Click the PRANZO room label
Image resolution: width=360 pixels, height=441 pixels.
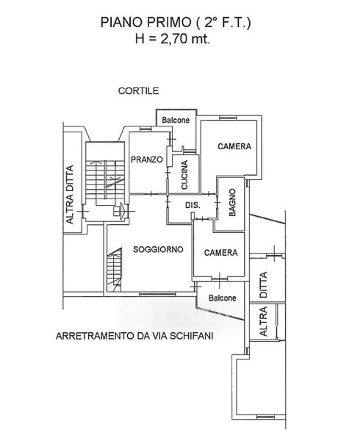click(147, 159)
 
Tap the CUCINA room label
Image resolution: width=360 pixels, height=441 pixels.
click(184, 175)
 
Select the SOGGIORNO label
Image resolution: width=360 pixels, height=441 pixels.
click(158, 249)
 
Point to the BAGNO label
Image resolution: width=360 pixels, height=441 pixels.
click(232, 202)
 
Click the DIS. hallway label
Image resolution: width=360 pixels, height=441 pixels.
click(192, 205)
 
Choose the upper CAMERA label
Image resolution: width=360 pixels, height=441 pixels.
click(234, 146)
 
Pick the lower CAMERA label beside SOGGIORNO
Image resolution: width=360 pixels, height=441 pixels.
click(221, 253)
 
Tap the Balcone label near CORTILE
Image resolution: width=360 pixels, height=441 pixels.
click(176, 120)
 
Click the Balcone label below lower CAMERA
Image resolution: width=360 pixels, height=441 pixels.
click(223, 298)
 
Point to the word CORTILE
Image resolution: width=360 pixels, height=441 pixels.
click(139, 91)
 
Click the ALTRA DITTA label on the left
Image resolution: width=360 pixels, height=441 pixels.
click(69, 195)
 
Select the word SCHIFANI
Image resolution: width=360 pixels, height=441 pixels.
click(192, 336)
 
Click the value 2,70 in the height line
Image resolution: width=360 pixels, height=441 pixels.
click(173, 38)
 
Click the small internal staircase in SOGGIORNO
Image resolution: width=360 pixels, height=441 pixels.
click(114, 270)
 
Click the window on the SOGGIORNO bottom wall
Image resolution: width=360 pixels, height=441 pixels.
click(157, 294)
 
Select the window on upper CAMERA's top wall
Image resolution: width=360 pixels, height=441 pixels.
click(228, 118)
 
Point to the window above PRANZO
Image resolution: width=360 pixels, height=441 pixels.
click(145, 129)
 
